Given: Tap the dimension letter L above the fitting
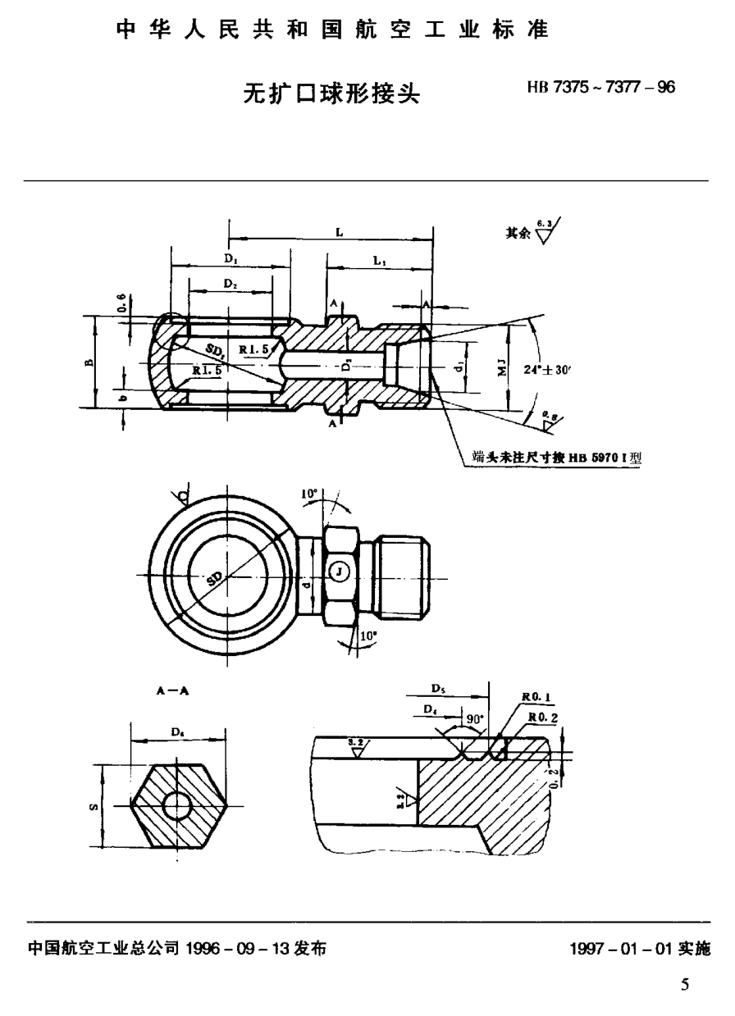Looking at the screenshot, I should [338, 233].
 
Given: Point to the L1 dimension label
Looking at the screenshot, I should [379, 260].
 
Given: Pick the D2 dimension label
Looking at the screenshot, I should [231, 284].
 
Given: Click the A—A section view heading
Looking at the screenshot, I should [172, 690].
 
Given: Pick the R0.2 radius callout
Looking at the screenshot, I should [541, 717].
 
